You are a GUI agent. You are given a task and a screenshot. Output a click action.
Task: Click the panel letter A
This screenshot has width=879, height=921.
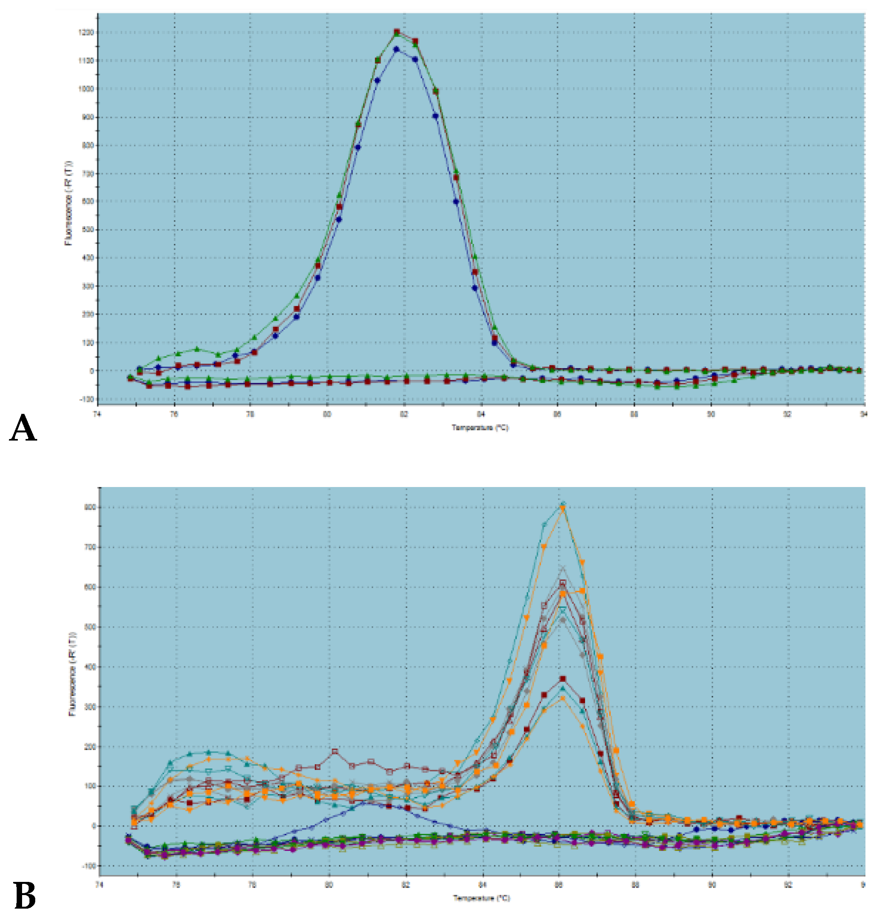(23, 428)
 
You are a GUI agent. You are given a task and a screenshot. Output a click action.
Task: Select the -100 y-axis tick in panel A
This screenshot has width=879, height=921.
(88, 399)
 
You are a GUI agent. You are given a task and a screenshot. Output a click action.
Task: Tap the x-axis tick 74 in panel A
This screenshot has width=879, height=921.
(98, 413)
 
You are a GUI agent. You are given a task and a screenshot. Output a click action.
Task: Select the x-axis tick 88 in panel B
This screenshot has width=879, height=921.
(635, 885)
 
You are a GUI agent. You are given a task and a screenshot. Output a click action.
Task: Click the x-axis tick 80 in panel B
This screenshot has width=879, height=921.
(330, 885)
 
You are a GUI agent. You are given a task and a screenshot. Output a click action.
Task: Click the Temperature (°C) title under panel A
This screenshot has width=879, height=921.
(480, 427)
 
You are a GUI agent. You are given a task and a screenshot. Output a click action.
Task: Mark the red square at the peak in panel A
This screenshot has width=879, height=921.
(397, 32)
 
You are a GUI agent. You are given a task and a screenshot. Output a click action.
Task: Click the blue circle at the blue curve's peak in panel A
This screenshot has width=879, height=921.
(397, 49)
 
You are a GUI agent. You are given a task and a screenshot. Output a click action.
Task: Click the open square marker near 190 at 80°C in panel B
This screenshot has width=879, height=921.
(335, 751)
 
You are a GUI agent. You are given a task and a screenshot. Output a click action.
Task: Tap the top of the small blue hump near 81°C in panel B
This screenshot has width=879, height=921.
(366, 802)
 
